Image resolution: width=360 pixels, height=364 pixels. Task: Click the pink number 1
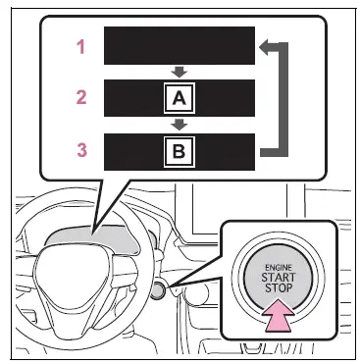point(80,46)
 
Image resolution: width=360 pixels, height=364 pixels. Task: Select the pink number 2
point(81,97)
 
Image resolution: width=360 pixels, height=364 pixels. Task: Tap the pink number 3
point(81,150)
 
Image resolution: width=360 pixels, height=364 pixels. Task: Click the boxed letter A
point(180,98)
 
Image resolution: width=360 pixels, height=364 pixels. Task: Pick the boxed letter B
point(180,151)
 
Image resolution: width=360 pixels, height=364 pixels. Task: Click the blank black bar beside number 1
point(180,45)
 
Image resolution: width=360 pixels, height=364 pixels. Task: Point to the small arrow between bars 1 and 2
point(180,72)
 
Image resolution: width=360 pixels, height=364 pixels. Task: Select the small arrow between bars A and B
point(180,125)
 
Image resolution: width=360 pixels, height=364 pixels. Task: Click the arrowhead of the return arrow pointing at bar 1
point(264,46)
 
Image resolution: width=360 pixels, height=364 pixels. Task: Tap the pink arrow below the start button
point(280,315)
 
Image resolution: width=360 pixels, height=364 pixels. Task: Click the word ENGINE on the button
point(279,268)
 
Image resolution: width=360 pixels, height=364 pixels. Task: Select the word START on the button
point(279,278)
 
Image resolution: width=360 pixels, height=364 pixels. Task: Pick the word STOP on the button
point(279,288)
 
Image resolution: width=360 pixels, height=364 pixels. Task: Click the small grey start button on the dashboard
point(159,289)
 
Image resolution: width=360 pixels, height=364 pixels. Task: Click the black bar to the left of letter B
point(133,152)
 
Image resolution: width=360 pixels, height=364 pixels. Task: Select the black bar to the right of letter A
point(225,98)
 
